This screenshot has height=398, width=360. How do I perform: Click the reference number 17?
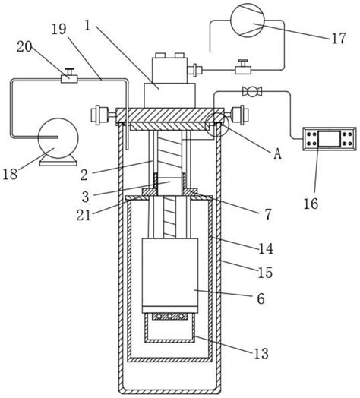click(339, 38)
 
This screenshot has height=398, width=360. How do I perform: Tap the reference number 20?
click(24, 47)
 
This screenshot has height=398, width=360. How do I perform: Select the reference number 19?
click(59, 30)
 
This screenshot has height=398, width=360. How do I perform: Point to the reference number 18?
click(10, 174)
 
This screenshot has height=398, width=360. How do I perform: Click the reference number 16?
click(311, 204)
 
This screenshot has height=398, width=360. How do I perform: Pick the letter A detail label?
click(278, 153)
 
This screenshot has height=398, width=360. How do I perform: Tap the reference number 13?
click(261, 353)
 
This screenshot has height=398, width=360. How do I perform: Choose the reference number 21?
click(84, 215)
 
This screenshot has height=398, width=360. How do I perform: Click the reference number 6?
click(261, 298)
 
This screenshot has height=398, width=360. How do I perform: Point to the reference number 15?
click(265, 273)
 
